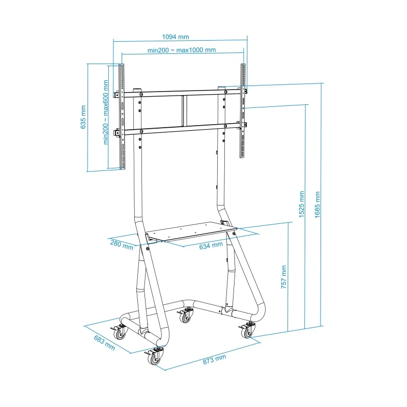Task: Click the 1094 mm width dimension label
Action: coord(176,37)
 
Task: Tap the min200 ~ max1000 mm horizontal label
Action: coord(182,50)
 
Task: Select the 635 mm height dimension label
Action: coord(83,117)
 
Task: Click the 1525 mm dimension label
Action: coord(302,205)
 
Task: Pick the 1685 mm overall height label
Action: coord(317,205)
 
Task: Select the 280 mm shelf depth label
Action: coord(122,245)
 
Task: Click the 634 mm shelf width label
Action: coord(211,245)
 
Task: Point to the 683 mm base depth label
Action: coord(104,342)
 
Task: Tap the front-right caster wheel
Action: coord(247,331)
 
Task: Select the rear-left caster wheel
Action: coord(120,332)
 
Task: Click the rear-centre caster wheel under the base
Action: coord(184,316)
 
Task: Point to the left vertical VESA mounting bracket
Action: coord(122,117)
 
